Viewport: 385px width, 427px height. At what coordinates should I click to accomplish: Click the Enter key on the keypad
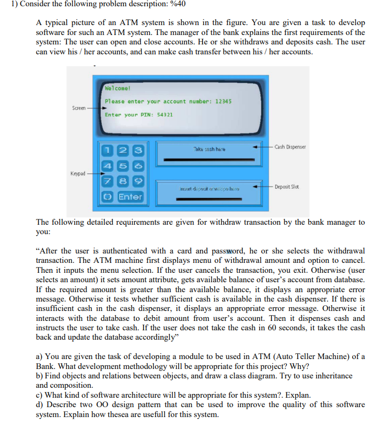(130, 197)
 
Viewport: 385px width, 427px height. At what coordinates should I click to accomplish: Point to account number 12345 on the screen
(223, 101)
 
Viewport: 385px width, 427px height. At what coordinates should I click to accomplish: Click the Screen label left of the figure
(79, 108)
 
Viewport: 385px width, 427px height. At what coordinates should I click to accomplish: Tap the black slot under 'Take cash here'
(208, 159)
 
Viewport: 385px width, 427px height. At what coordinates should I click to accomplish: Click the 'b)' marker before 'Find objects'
(40, 375)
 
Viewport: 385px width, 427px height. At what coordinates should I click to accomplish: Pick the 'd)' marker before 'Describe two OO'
(40, 405)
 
